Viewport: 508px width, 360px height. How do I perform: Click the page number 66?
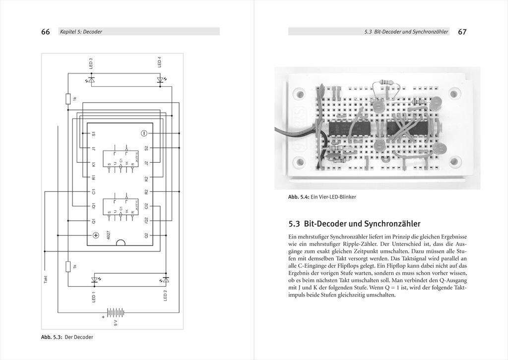[x=45, y=32]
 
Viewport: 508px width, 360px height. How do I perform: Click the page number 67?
[x=462, y=32]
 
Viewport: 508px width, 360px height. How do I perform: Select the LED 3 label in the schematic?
[x=91, y=63]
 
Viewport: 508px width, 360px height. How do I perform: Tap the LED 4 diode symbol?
[x=160, y=79]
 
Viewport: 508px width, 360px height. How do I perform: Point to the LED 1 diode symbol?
[x=95, y=280]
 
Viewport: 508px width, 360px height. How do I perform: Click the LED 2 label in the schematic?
[x=165, y=296]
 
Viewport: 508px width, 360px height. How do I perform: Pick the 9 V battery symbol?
[x=115, y=312]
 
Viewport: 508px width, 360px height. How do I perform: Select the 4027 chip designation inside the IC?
[x=108, y=235]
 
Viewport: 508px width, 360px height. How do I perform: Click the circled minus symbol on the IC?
[x=143, y=133]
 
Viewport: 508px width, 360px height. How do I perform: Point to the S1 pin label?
[x=93, y=134]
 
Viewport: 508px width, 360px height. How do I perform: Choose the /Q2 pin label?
[x=146, y=220]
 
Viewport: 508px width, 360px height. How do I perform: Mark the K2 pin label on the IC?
[x=146, y=178]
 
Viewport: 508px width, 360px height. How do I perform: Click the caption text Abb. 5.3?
[x=52, y=337]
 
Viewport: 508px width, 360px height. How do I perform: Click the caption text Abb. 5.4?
[x=299, y=197]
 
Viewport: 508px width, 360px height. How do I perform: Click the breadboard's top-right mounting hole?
[x=454, y=94]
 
